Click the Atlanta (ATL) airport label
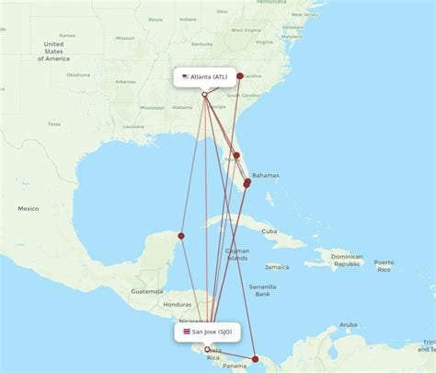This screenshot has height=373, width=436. [x=209, y=76]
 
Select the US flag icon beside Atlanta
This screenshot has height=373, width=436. [x=185, y=76]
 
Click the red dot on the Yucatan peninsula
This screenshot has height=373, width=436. [x=181, y=236]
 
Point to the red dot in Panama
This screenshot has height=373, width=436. [x=256, y=357]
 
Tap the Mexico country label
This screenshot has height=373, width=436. [x=28, y=208]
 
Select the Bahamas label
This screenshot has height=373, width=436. [x=266, y=175]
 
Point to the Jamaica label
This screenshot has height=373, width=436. [x=277, y=267]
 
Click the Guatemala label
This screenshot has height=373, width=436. [x=146, y=290]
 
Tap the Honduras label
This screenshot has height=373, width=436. [x=177, y=304]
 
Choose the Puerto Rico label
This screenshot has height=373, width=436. [x=384, y=266]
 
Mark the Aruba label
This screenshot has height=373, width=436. [x=348, y=324]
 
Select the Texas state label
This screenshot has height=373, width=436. [x=53, y=123]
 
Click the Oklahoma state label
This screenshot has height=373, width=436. [x=78, y=75]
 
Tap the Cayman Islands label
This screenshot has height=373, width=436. [x=236, y=254]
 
